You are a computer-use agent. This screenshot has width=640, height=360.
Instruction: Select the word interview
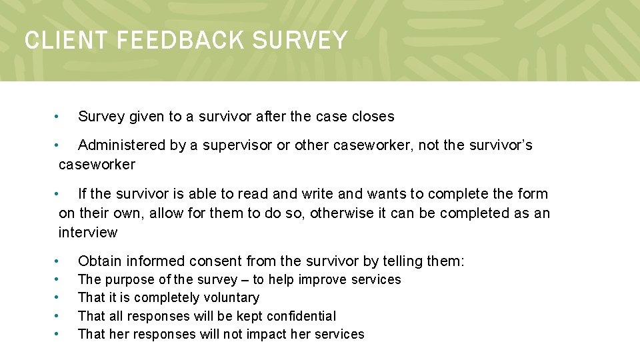tap(88, 233)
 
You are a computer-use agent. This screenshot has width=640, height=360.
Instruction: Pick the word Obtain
tap(100, 261)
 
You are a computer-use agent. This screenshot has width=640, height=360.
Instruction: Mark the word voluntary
tap(230, 298)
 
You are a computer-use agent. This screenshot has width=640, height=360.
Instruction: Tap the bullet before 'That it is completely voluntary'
tap(58, 298)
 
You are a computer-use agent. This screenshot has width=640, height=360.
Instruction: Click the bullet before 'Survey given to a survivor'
tap(58, 117)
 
